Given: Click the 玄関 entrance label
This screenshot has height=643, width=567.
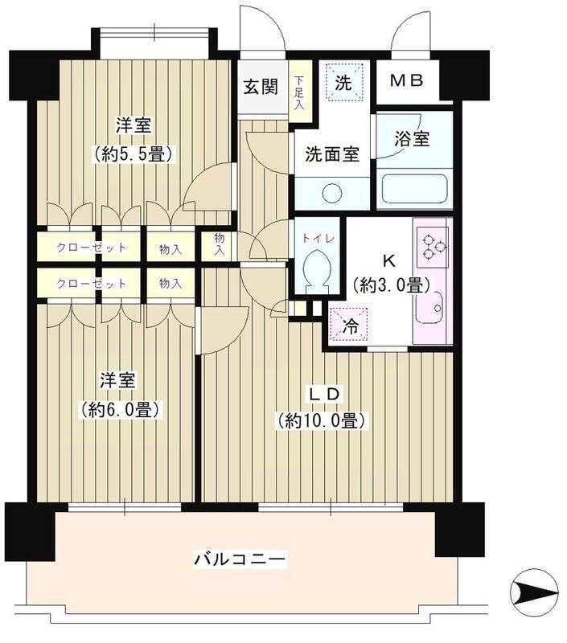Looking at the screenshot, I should (261, 87).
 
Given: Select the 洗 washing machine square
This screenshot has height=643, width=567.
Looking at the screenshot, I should (343, 81).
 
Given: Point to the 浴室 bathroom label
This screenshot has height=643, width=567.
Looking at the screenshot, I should (412, 138).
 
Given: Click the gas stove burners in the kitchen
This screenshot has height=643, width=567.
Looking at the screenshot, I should (433, 244).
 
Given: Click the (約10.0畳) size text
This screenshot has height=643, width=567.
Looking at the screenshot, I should (322, 420).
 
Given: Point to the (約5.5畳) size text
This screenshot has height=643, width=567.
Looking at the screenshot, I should (134, 153).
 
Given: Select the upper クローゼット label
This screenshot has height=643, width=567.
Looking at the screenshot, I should (91, 248).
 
